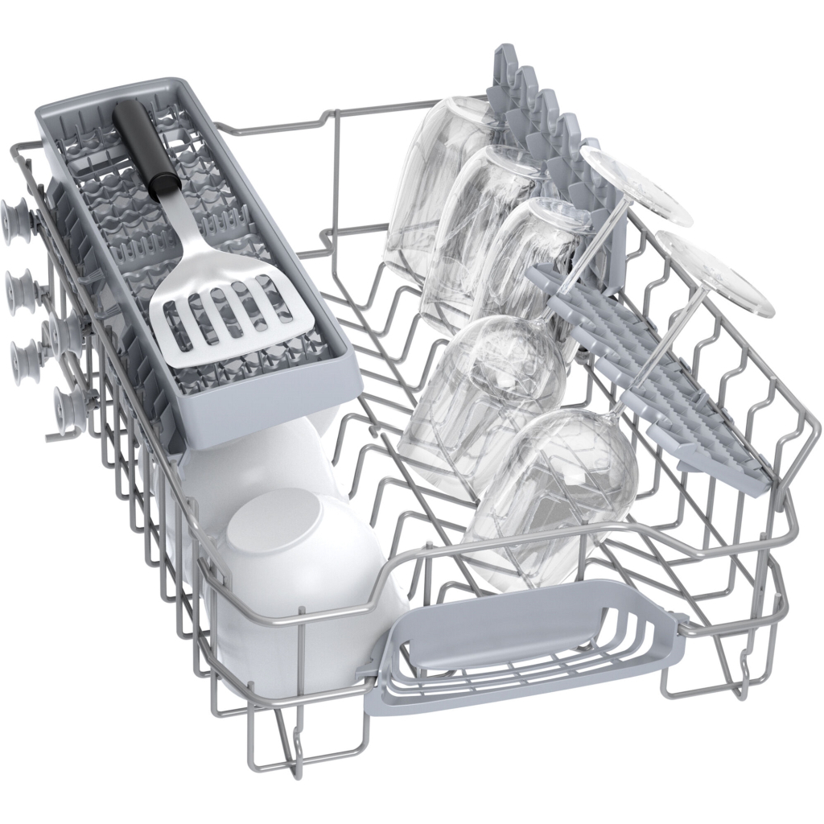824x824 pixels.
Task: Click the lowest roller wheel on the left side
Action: pos(68,402)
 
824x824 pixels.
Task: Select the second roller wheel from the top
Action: pos(21,286)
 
